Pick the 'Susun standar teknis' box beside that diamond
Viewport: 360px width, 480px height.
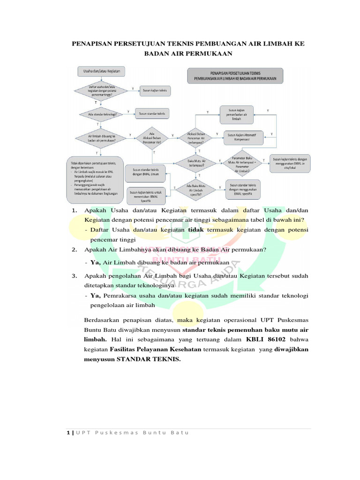coord(152,113)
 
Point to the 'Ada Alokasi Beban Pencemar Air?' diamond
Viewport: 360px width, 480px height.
coord(152,138)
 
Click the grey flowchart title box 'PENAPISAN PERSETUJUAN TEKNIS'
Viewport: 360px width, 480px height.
coord(235,76)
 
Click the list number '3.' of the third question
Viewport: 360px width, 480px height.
coord(75,276)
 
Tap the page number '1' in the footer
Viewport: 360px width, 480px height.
coord(68,432)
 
